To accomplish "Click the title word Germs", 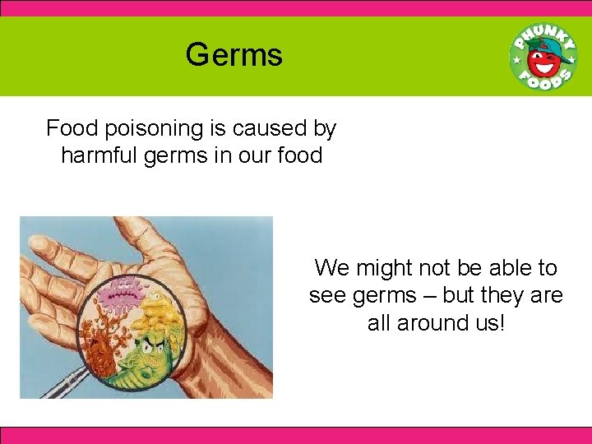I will coord(234,56).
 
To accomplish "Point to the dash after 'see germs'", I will coord(442,295).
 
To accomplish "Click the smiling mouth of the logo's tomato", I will coord(540,66).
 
